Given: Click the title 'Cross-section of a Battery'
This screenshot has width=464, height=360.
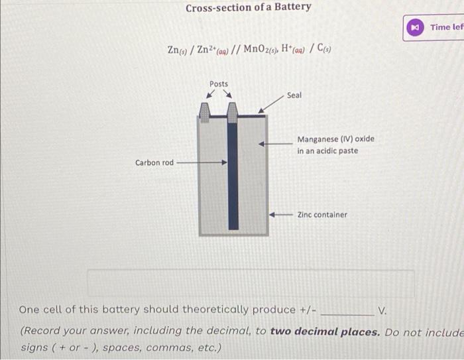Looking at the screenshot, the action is point(248,8).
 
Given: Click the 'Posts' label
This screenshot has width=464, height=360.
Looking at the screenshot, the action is point(218,84).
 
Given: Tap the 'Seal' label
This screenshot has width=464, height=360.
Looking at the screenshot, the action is point(294,95).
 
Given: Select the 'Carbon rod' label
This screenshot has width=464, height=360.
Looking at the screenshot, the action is point(154,162).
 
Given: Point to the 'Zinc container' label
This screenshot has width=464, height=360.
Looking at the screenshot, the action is point(322,214).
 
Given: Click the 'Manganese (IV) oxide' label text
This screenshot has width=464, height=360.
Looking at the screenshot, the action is point(335,139).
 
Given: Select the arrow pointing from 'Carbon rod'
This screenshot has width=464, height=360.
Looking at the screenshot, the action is point(202,162).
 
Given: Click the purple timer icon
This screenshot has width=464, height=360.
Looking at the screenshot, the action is point(415,27).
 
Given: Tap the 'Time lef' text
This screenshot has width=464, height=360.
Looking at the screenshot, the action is point(447,27).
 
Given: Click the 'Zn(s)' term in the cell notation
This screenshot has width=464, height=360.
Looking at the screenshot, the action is point(177,50).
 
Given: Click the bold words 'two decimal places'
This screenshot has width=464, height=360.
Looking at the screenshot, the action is point(325,331).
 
